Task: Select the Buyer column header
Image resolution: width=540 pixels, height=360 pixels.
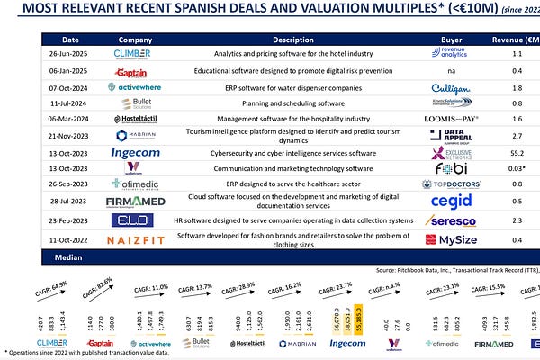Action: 446,40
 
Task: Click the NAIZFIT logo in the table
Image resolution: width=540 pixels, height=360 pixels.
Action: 136,240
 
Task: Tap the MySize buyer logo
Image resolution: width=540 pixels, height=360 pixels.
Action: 447,240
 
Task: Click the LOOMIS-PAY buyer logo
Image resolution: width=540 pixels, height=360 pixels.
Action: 446,119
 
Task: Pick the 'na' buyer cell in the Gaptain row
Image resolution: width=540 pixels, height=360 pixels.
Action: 446,70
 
